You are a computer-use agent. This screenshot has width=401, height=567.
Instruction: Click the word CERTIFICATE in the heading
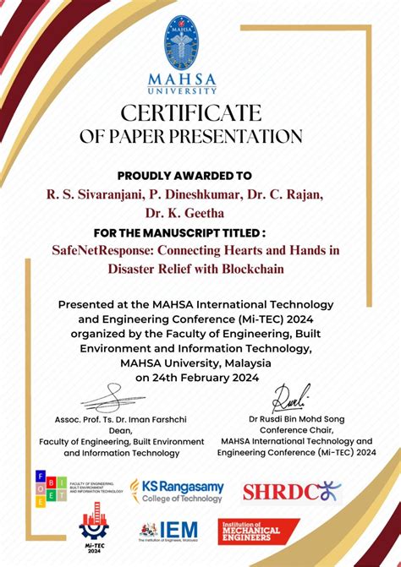(x=191, y=112)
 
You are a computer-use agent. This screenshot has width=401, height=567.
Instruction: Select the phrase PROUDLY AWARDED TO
(x=184, y=176)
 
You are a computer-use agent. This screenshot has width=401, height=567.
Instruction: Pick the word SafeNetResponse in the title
(x=102, y=251)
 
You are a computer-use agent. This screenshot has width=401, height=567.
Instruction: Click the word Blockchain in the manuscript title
(x=255, y=269)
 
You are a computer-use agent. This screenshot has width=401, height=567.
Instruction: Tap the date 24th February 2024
(x=197, y=378)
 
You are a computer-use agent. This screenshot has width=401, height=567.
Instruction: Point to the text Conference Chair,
(x=296, y=430)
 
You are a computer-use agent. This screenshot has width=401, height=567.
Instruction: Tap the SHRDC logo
(x=292, y=491)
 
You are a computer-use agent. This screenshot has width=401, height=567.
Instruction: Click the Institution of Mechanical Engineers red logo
(x=258, y=532)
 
